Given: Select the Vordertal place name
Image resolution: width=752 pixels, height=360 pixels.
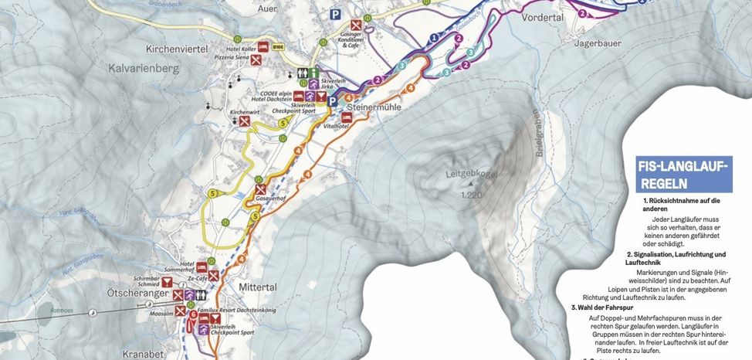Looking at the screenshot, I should (544, 16).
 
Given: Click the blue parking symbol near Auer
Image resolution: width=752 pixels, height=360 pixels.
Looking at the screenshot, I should (334, 15).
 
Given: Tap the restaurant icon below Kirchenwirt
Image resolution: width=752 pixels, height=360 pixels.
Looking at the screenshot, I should (245, 122).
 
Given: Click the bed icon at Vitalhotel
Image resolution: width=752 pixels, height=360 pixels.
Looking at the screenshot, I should (346, 117).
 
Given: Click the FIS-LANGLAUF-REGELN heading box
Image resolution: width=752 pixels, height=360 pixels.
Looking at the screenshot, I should (683, 174).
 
